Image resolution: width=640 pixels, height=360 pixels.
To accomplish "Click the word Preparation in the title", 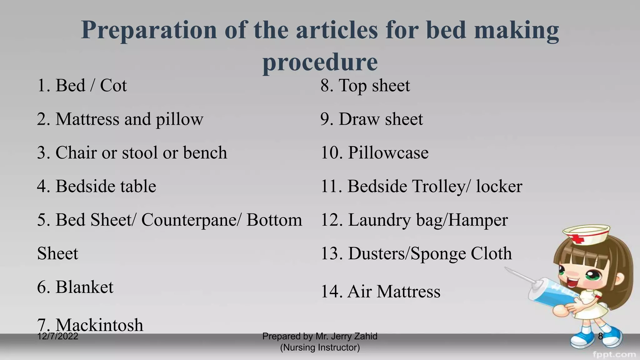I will (x=149, y=30).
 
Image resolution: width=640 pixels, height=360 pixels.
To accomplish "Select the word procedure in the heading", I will (x=320, y=62).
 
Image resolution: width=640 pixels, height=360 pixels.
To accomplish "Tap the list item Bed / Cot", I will (x=82, y=85).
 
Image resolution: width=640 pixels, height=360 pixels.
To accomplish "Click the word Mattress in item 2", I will (x=87, y=119).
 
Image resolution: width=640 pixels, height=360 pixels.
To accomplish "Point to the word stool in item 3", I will (x=139, y=153).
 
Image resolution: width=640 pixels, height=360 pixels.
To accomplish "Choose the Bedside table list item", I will (x=97, y=186).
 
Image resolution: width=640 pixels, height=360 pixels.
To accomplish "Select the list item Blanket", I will (x=75, y=287).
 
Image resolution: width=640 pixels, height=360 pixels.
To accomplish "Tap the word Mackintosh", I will (x=99, y=325).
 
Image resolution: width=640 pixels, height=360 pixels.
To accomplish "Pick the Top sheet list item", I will (x=365, y=85).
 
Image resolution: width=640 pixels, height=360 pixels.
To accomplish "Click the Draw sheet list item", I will (x=372, y=119).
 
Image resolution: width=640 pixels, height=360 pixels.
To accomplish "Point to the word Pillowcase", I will (x=388, y=153).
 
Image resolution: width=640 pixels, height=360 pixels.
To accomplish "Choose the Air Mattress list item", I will (x=381, y=292).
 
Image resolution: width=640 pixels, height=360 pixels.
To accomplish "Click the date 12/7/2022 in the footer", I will (x=57, y=337).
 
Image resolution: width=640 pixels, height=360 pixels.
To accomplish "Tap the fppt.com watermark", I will (x=614, y=354).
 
